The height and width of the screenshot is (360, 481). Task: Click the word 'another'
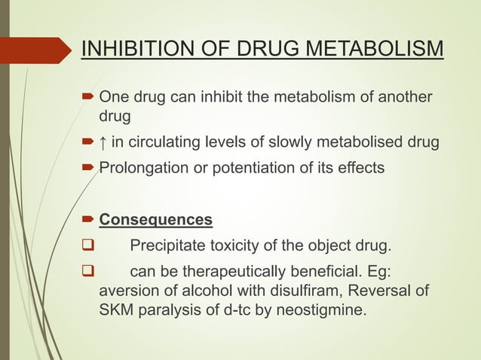(x=406, y=97)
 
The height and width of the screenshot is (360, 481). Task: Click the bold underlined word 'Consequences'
(x=156, y=221)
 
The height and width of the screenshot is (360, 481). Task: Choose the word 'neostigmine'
(x=326, y=309)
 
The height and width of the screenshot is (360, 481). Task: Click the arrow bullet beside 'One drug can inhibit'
(x=88, y=97)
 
